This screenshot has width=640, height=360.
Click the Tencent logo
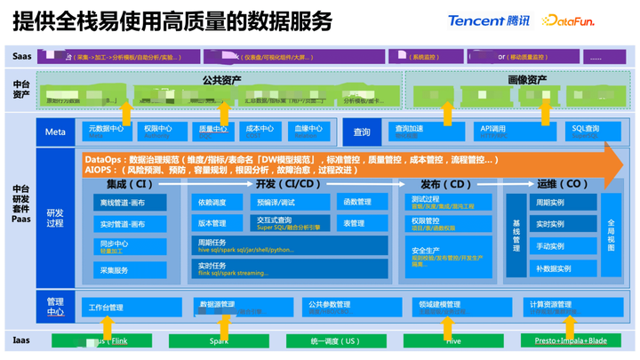tap(488, 20)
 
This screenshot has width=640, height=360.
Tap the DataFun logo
tap(569, 20)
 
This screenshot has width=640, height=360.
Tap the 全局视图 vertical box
tap(611, 236)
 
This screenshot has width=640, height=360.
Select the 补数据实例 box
tap(554, 268)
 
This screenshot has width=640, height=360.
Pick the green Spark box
tap(219, 340)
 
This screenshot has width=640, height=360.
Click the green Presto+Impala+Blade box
tap(571, 340)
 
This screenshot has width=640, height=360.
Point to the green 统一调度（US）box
tap(336, 340)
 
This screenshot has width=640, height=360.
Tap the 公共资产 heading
tap(221, 80)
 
